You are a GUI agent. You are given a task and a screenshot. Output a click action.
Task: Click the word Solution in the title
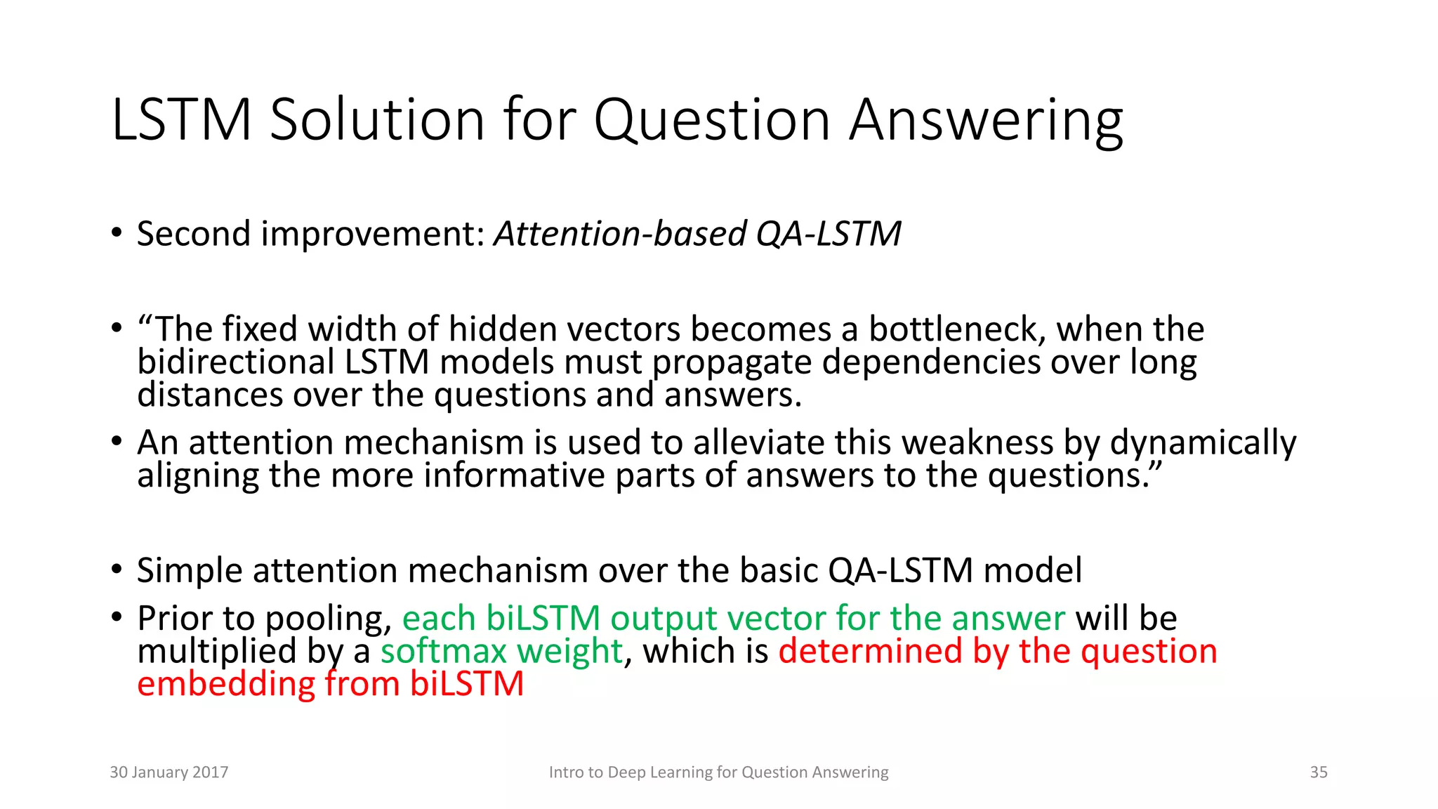(x=378, y=120)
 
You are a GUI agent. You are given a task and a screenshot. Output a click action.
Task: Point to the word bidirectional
(x=235, y=362)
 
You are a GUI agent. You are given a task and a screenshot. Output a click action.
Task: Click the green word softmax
(x=443, y=651)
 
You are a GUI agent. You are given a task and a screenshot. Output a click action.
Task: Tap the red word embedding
(x=226, y=684)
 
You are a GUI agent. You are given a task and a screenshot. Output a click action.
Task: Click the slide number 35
(x=1318, y=772)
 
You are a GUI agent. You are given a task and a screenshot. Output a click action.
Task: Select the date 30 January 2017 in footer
(x=169, y=772)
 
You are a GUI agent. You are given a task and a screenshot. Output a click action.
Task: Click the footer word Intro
(x=565, y=772)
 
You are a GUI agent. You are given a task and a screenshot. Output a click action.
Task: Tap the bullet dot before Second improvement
(x=117, y=233)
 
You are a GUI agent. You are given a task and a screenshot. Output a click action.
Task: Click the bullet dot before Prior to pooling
(x=117, y=618)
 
